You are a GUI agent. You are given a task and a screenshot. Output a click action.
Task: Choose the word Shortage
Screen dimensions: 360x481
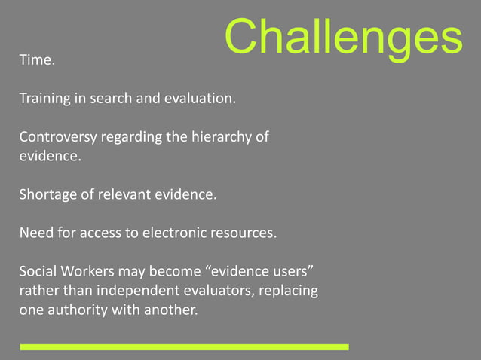(x=47, y=195)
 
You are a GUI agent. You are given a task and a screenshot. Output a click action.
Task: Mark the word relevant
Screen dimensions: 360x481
(x=124, y=195)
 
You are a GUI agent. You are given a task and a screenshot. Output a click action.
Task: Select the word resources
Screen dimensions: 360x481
(x=244, y=233)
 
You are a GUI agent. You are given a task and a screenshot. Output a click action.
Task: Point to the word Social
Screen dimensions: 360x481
(x=37, y=271)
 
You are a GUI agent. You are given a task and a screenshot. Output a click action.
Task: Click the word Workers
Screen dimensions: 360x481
(x=87, y=271)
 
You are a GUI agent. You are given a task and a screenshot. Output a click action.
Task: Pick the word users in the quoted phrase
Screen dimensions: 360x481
(x=283, y=271)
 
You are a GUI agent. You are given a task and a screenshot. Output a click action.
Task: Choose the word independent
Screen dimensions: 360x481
(x=117, y=291)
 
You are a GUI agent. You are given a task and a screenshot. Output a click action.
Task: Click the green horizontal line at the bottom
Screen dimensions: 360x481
(x=184, y=347)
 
